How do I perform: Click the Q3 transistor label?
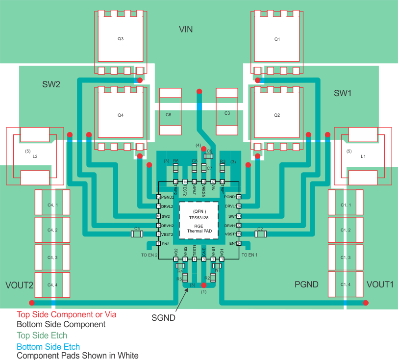tap(121, 39)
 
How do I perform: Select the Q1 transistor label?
tap(277, 39)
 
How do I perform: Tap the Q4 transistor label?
tap(121, 115)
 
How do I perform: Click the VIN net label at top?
tap(186, 30)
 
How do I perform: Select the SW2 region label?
tap(51, 84)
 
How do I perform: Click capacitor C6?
tap(168, 113)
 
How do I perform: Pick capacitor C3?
tap(227, 113)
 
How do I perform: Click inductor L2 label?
tap(35, 156)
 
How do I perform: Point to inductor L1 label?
tap(363, 156)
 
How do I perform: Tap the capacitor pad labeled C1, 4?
tap(346, 284)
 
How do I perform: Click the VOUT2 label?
tap(19, 285)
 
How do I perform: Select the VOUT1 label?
tap(380, 284)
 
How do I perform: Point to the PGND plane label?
tap(306, 284)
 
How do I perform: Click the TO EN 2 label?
tap(149, 255)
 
